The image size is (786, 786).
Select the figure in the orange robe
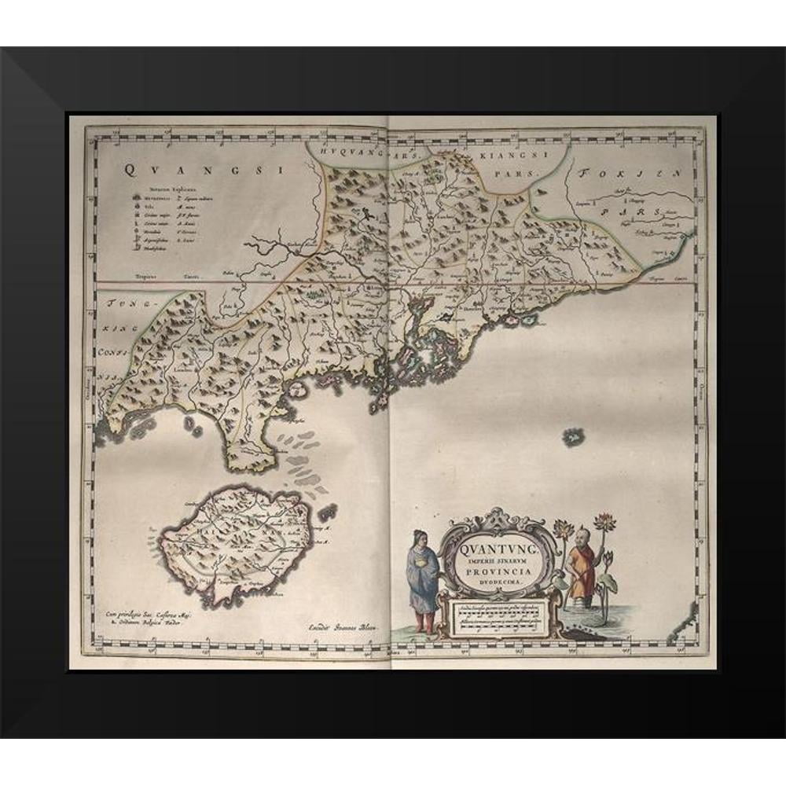[582, 567]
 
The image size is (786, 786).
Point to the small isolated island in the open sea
[573, 436]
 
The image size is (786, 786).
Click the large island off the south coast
[236, 542]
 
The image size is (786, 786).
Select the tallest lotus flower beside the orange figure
[605, 521]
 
